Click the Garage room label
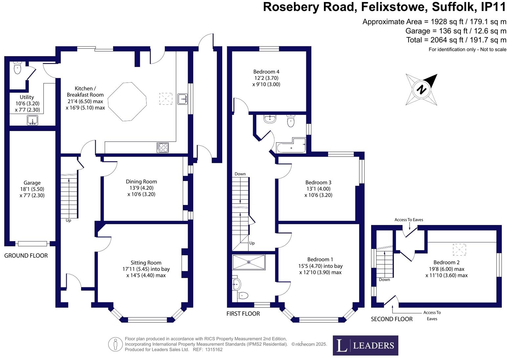click(x=32, y=183)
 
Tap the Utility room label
click(x=27, y=97)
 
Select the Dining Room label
click(x=141, y=182)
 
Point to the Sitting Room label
click(x=146, y=263)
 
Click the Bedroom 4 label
click(x=266, y=72)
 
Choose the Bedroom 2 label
click(x=446, y=262)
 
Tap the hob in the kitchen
click(x=163, y=147)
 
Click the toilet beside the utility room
click(x=17, y=68)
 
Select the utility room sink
click(x=32, y=121)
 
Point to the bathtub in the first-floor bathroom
click(x=291, y=146)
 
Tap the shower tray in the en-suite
click(x=248, y=262)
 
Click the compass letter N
click(x=421, y=89)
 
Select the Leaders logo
click(x=365, y=345)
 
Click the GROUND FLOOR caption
click(x=26, y=256)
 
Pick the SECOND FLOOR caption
click(x=392, y=319)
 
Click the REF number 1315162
click(x=214, y=349)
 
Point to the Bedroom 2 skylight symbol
click(x=459, y=249)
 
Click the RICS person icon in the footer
click(x=115, y=344)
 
